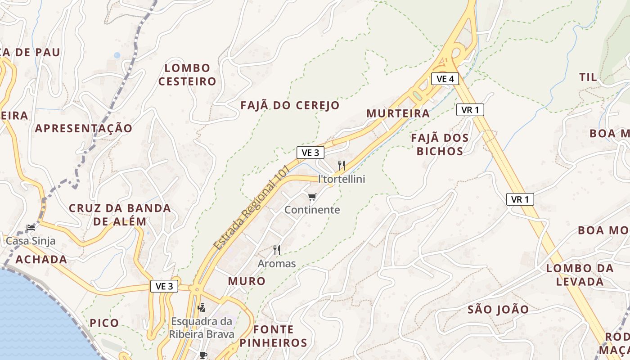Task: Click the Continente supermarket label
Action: click(x=312, y=210)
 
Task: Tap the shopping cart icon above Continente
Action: click(x=312, y=197)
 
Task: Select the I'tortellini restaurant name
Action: click(x=342, y=179)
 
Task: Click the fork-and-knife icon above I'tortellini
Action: click(x=342, y=166)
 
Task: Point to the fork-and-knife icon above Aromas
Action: click(x=277, y=250)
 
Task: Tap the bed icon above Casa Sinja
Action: click(x=31, y=228)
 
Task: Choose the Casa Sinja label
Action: click(x=31, y=241)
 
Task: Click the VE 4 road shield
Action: click(x=445, y=79)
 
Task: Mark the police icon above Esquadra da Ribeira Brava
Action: click(x=202, y=308)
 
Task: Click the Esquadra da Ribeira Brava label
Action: click(x=202, y=328)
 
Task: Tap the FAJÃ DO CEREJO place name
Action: click(x=290, y=106)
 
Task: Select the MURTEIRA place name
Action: click(x=398, y=113)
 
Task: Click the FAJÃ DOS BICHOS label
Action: click(x=440, y=144)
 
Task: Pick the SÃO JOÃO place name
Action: click(x=498, y=310)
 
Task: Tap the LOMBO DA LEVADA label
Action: click(x=580, y=275)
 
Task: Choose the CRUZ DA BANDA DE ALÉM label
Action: click(x=120, y=215)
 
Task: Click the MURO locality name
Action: click(x=247, y=281)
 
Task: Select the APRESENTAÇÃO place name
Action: click(x=84, y=128)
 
